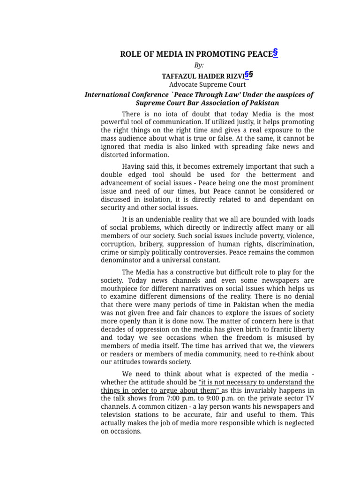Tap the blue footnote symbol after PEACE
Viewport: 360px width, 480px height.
(x=275, y=52)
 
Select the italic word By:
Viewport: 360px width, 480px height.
(x=199, y=65)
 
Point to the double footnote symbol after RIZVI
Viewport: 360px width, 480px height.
(x=249, y=75)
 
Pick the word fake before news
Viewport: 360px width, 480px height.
(x=270, y=147)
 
